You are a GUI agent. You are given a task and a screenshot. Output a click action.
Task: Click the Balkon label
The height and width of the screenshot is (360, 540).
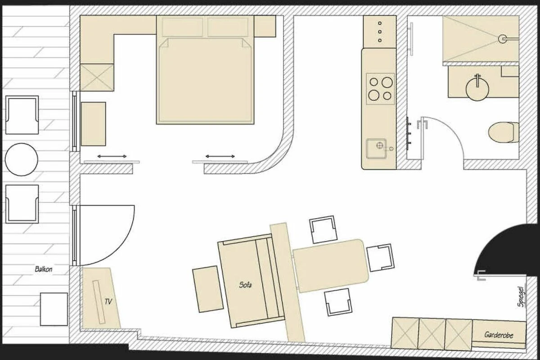pyautogui.click(x=43, y=269)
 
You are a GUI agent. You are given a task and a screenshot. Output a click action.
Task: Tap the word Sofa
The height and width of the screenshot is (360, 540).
pyautogui.click(x=245, y=285)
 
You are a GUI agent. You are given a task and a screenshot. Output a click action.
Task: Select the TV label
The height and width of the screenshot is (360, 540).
pyautogui.click(x=108, y=301)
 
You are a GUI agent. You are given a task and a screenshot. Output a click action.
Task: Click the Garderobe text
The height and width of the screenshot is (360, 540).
pyautogui.click(x=499, y=335)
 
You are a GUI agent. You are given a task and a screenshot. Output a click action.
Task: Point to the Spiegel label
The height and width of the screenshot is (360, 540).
pyautogui.click(x=521, y=297)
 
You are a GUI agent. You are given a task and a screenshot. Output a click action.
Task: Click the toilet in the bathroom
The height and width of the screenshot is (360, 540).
pyautogui.click(x=504, y=132)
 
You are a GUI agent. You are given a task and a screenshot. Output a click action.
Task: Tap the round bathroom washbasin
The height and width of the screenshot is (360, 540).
pyautogui.click(x=477, y=89)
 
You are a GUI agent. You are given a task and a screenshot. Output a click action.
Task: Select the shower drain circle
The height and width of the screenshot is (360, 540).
pyautogui.click(x=502, y=39)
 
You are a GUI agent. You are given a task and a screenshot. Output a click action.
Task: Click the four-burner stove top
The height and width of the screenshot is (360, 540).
pyautogui.click(x=380, y=89)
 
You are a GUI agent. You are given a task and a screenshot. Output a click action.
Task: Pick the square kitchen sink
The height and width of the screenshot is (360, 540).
pyautogui.click(x=376, y=148)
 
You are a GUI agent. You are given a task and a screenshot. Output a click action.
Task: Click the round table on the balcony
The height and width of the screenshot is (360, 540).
pyautogui.click(x=22, y=160)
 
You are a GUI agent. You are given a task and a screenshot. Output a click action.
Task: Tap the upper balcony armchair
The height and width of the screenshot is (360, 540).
pyautogui.click(x=22, y=115)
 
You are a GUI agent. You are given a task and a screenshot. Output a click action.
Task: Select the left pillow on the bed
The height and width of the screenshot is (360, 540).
pyautogui.click(x=183, y=27)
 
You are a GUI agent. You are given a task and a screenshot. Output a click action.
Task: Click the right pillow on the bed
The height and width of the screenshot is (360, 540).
pyautogui.click(x=228, y=27)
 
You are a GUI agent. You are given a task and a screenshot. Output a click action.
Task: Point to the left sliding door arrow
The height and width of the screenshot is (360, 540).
pyautogui.click(x=112, y=156)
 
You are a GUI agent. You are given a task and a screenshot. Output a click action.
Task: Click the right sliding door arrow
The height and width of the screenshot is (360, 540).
pyautogui.click(x=220, y=156)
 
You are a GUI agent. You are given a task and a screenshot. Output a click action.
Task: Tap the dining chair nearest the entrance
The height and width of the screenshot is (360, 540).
pyautogui.click(x=380, y=257)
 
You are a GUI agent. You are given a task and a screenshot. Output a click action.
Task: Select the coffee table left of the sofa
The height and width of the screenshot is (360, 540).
pyautogui.click(x=208, y=289)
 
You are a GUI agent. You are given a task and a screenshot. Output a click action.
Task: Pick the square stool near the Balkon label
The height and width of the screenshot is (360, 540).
pyautogui.click(x=54, y=309)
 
